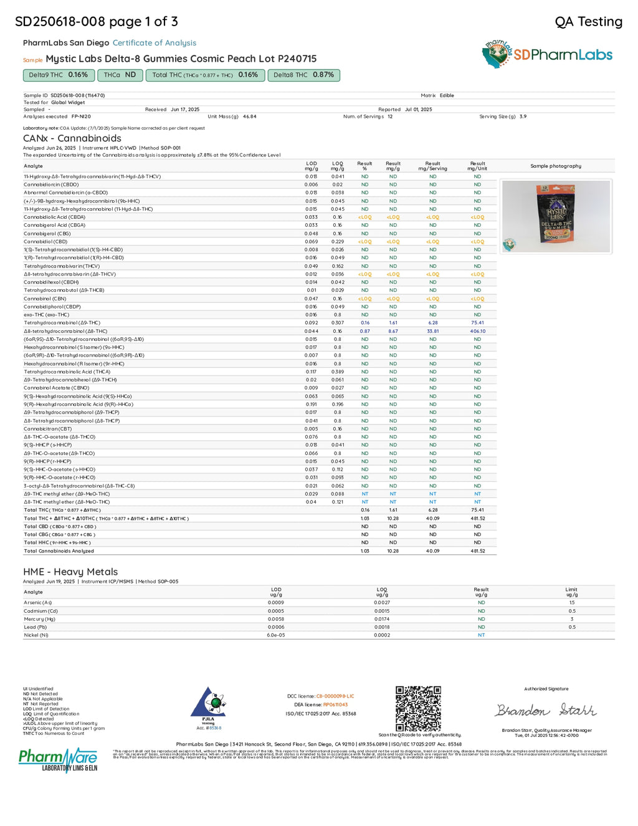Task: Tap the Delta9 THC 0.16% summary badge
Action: point(59,75)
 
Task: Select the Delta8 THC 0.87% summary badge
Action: point(303,75)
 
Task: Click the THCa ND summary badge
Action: point(120,75)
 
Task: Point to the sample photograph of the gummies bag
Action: point(556,216)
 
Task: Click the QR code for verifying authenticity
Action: point(418,708)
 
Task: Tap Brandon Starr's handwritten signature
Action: point(546,710)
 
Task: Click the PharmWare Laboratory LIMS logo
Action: point(58,760)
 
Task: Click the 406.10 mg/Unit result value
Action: point(477,331)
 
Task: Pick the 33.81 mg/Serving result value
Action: point(432,331)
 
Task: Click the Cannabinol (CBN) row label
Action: point(45,299)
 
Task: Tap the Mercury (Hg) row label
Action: point(39,619)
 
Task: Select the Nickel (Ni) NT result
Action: point(481,635)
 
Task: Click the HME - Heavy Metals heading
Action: point(70,572)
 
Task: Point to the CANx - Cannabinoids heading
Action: point(72,138)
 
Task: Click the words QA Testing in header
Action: point(588,22)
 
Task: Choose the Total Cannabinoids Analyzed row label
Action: point(59,551)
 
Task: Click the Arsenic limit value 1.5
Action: point(571,603)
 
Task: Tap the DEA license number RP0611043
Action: point(335,704)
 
